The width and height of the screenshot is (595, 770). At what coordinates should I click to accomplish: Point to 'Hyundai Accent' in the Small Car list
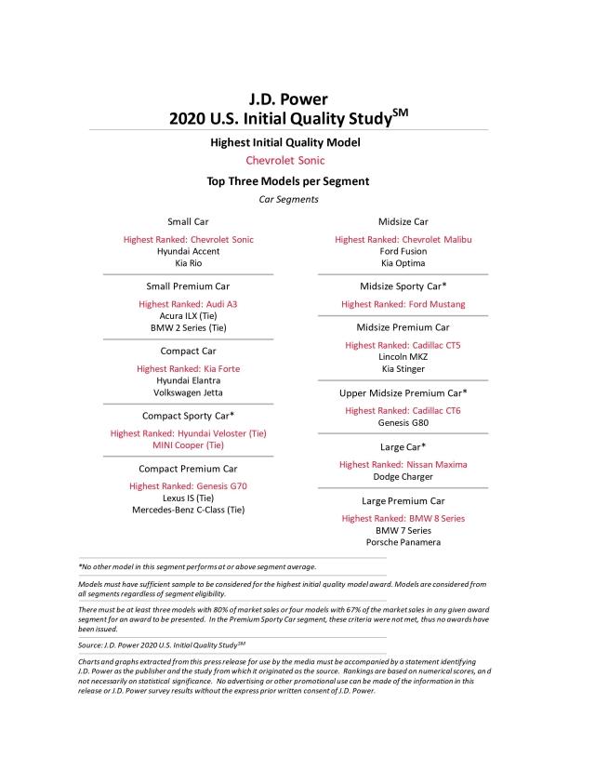tap(189, 251)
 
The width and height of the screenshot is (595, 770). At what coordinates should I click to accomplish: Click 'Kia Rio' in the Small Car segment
tap(189, 263)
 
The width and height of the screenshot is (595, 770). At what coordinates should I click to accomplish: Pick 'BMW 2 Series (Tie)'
tap(189, 328)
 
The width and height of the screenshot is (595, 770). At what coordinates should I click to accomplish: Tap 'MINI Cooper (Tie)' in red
tap(189, 445)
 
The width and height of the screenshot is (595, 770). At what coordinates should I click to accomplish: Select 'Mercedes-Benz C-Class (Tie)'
tap(189, 510)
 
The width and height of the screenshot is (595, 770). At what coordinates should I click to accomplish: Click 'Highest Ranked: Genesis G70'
tap(189, 485)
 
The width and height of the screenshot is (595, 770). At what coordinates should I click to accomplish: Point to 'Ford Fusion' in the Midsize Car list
tap(403, 251)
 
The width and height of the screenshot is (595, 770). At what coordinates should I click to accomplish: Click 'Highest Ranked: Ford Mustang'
tap(403, 304)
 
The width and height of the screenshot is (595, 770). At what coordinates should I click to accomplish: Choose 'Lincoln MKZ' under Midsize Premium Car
tap(403, 357)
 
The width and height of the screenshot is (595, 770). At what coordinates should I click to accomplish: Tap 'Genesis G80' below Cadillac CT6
tap(403, 422)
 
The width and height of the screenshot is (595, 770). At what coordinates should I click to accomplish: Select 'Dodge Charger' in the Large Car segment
tap(403, 476)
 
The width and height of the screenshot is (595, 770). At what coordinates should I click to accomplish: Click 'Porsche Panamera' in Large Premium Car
tap(403, 542)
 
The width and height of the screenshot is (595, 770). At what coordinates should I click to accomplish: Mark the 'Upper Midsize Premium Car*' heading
tap(403, 393)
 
